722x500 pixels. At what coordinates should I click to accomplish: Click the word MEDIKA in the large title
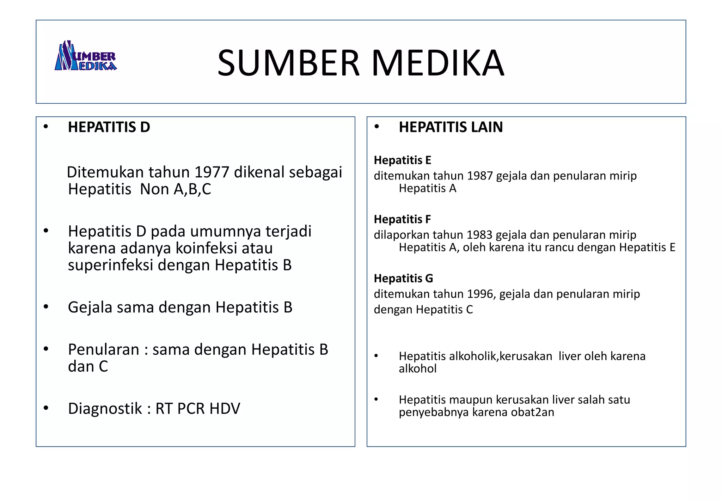tap(438, 63)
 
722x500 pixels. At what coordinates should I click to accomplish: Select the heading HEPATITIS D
tap(109, 127)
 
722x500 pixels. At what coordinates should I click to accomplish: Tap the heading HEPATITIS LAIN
tap(451, 127)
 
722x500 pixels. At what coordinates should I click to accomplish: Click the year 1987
tap(479, 176)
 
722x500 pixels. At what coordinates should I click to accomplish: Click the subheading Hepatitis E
tap(402, 160)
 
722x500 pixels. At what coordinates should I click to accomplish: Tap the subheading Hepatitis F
tap(402, 220)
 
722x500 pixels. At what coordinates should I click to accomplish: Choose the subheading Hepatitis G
tap(403, 279)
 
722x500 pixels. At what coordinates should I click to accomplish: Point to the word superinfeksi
tap(110, 265)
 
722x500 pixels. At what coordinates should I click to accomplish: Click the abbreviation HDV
tap(225, 409)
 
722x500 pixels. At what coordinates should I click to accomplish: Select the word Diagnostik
tap(105, 409)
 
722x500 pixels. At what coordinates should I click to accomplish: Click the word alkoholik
tap(472, 356)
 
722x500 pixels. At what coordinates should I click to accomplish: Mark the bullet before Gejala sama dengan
tap(46, 307)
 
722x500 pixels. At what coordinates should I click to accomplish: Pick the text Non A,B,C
tap(175, 189)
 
